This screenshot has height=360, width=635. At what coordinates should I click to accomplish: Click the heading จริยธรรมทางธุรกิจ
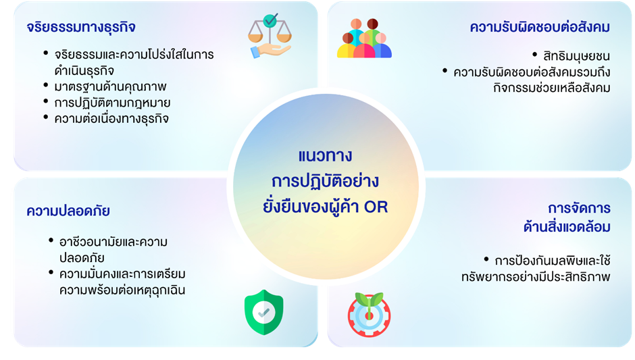[x=81, y=28]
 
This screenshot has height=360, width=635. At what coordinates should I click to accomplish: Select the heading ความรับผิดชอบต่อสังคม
[x=540, y=27]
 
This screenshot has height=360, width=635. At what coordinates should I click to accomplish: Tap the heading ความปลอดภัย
[x=68, y=211]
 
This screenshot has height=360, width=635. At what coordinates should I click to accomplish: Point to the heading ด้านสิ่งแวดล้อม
[x=567, y=227]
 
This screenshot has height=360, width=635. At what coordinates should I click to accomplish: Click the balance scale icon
[x=270, y=36]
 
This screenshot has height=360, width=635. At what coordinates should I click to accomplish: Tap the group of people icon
[x=364, y=38]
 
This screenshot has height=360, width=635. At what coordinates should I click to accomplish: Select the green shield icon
[x=264, y=312]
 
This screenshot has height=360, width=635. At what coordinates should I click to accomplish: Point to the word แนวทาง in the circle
[x=325, y=156]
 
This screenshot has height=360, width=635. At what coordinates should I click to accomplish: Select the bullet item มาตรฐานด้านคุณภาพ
[x=110, y=86]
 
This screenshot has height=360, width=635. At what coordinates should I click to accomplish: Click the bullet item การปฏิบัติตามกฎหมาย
[x=112, y=103]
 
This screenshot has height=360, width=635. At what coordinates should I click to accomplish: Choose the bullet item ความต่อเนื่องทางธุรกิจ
[x=111, y=119]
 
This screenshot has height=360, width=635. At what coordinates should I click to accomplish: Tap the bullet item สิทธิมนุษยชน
[x=576, y=56]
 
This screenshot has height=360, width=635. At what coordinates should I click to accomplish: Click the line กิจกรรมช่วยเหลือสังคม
[x=552, y=88]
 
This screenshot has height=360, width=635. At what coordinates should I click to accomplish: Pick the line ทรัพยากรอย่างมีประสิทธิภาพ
[x=536, y=277]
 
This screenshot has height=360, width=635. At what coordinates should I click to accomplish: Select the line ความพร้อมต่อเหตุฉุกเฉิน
[x=122, y=290]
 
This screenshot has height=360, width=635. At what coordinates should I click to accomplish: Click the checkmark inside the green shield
[x=263, y=313]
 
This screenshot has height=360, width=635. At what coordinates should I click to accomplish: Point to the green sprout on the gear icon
[x=370, y=300]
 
